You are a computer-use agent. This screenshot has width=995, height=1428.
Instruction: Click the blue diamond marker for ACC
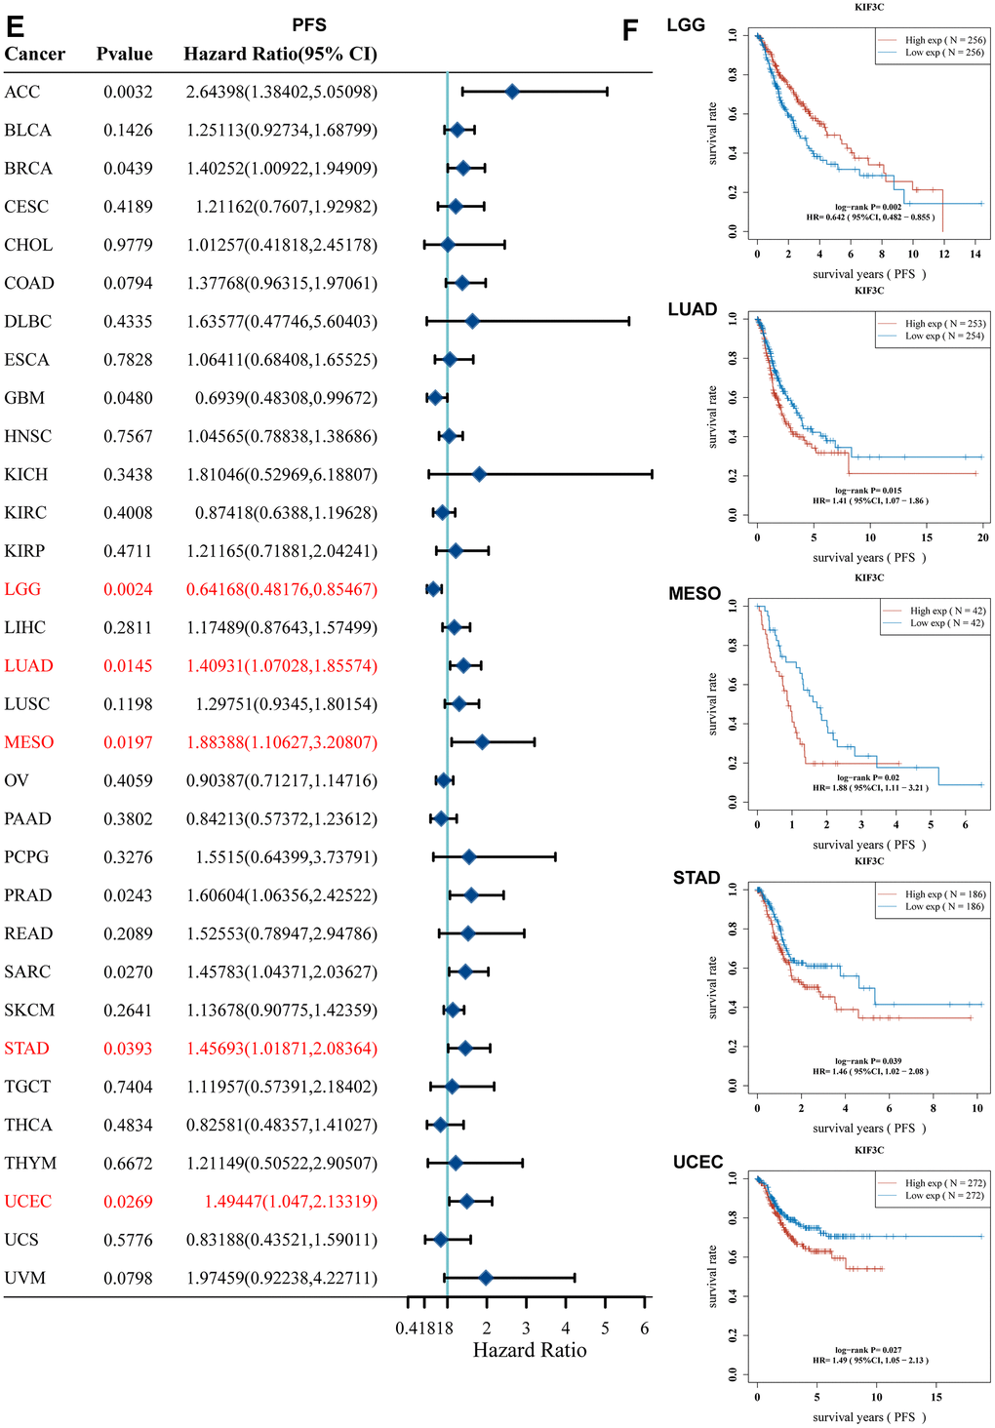[x=512, y=92]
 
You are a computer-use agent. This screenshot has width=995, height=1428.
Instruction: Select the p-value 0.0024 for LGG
[x=128, y=589]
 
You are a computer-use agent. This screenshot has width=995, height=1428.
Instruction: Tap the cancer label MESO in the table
[x=29, y=742]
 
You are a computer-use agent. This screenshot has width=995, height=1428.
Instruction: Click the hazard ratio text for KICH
[x=281, y=474]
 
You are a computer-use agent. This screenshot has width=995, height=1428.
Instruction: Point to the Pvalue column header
[x=124, y=54]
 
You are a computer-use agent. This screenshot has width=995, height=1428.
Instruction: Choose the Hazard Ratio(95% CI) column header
[x=281, y=54]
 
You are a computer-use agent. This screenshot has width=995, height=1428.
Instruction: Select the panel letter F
[x=630, y=31]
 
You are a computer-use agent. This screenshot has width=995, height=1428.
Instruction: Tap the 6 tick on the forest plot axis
[x=644, y=1328]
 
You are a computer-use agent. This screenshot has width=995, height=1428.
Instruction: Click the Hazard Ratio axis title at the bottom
[x=530, y=1350]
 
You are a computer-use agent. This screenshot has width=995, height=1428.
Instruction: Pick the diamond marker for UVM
[x=486, y=1278]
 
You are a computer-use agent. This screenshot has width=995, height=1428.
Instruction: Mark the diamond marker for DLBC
[x=472, y=321]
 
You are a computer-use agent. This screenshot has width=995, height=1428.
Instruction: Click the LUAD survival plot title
[x=693, y=309]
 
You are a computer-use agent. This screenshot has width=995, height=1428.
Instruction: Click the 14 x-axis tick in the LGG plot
[x=975, y=254]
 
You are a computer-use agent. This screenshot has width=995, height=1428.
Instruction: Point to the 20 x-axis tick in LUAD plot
[x=983, y=536]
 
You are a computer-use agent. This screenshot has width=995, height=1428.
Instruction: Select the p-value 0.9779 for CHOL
[x=128, y=245]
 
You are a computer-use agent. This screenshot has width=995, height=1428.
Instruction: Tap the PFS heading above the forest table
[x=309, y=24]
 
